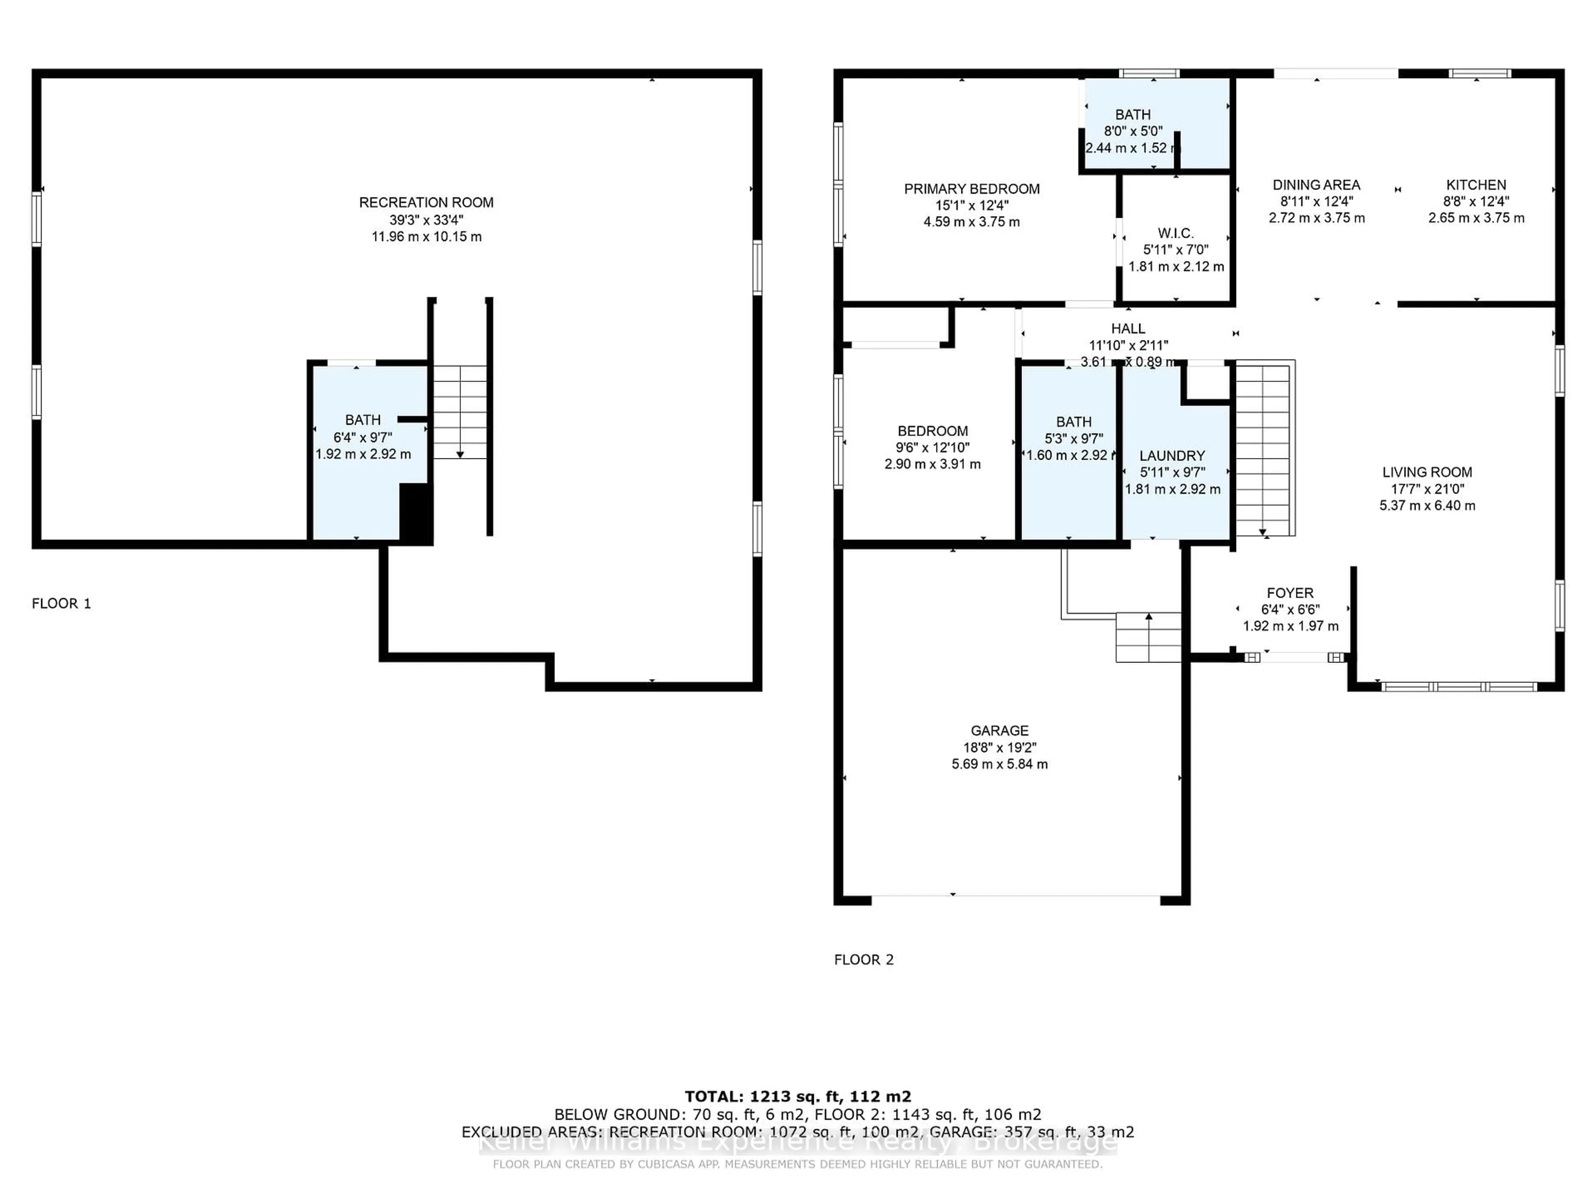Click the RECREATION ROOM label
(x=426, y=203)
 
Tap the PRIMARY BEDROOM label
(x=971, y=189)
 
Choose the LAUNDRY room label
(x=1172, y=456)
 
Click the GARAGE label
(x=999, y=731)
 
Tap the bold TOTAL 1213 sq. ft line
(x=797, y=1097)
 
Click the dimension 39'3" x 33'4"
(x=426, y=220)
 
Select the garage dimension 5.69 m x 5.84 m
(x=999, y=764)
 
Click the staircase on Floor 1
(x=460, y=411)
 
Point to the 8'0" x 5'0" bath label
(x=1133, y=131)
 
